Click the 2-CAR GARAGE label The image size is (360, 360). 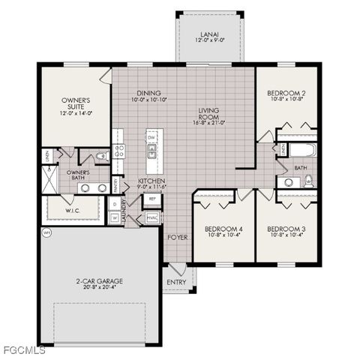[x=99, y=281]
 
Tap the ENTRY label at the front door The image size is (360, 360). [x=176, y=282]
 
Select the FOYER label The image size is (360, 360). [x=177, y=237]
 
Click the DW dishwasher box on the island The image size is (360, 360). [x=151, y=138]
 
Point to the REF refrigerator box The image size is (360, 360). [x=151, y=199]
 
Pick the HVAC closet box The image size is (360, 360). [x=152, y=217]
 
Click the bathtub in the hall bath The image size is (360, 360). [x=304, y=150]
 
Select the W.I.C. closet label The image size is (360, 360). [x=73, y=210]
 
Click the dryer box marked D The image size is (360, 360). [x=114, y=202]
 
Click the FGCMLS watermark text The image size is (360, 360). [x=23, y=350]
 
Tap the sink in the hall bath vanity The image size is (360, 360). [x=287, y=182]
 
